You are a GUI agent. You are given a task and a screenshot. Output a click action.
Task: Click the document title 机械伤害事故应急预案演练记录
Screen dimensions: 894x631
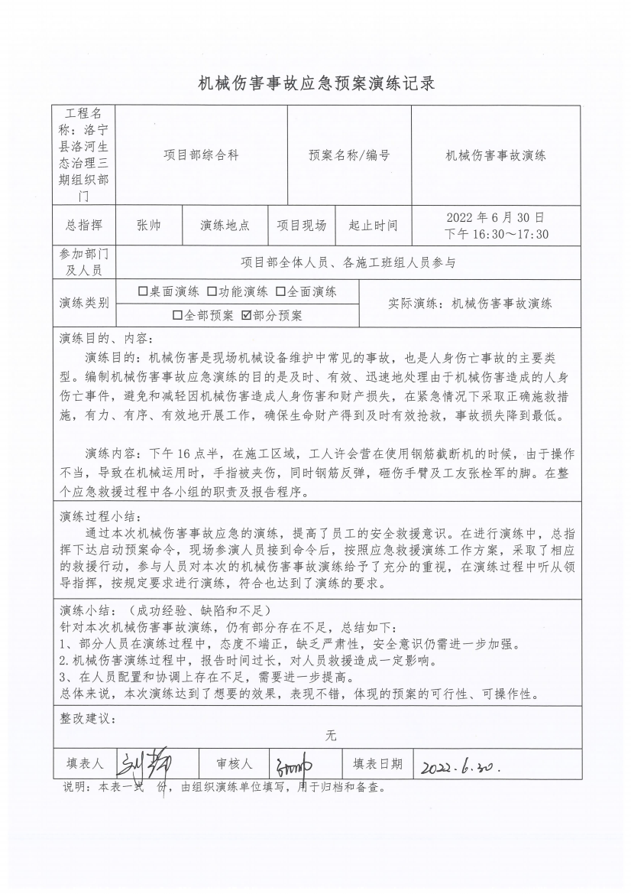315,83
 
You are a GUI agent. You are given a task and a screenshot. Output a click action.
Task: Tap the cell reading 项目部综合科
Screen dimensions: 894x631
201,155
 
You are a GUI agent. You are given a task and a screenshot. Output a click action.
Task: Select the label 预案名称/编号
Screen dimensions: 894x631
349,155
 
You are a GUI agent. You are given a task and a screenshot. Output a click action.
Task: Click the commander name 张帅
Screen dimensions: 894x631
148,226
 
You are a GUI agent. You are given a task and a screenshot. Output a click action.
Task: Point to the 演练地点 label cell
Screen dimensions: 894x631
225,226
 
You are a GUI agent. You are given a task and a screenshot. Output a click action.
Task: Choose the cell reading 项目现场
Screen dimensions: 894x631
301,226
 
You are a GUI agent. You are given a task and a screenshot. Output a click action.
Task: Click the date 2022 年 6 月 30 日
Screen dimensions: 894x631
496,217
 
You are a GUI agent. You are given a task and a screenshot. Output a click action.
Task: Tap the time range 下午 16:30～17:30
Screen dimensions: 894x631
496,234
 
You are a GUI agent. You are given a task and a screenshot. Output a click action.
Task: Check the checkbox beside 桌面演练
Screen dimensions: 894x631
143,291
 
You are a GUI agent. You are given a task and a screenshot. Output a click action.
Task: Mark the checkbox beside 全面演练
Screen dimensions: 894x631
280,291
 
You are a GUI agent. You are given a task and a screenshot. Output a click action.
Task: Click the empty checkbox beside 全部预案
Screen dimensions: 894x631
177,315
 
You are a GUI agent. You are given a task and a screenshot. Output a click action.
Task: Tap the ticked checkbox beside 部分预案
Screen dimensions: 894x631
246,315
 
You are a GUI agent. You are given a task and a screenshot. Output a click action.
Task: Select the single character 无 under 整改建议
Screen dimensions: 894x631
331,736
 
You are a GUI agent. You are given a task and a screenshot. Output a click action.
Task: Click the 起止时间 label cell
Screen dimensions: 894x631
373,226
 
